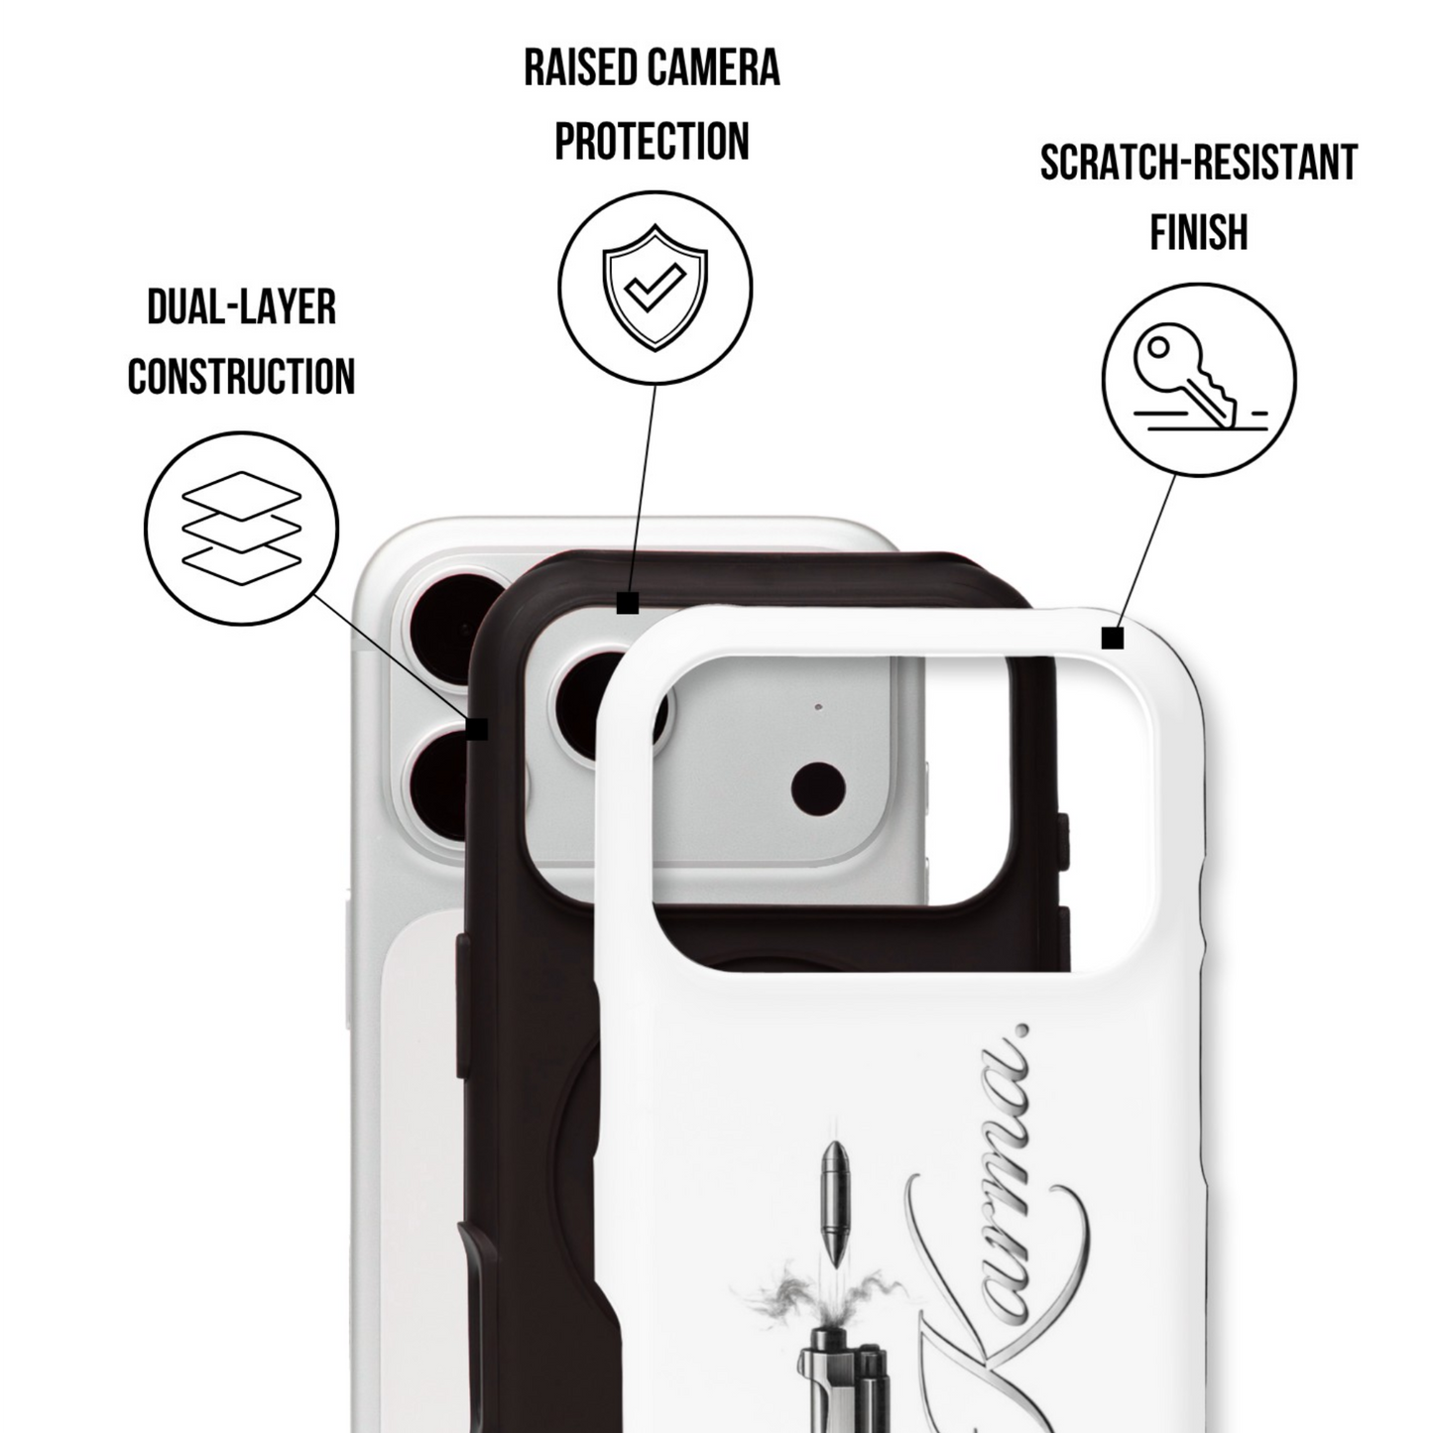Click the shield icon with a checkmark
pyautogui.click(x=656, y=288)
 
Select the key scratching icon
pyautogui.click(x=1199, y=379)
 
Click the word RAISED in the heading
pyautogui.click(x=579, y=69)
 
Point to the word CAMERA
pyautogui.click(x=713, y=69)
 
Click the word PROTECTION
pyautogui.click(x=653, y=141)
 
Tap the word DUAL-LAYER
pyautogui.click(x=242, y=307)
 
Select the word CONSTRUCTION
pyautogui.click(x=242, y=376)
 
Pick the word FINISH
pyautogui.click(x=1199, y=232)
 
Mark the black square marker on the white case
pyautogui.click(x=1113, y=638)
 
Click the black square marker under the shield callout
pyautogui.click(x=628, y=603)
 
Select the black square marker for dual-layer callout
pyautogui.click(x=477, y=729)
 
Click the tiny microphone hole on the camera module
pyautogui.click(x=819, y=706)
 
